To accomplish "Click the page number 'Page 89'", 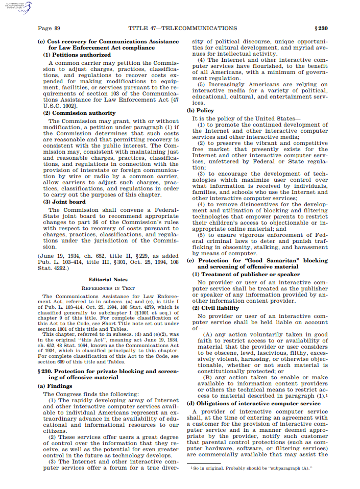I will (x=49, y=28).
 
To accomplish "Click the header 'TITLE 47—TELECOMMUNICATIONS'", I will (x=182, y=28).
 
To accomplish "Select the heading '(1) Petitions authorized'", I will (x=77, y=55).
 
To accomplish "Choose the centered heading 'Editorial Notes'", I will (x=108, y=280).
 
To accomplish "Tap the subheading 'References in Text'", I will (x=108, y=288).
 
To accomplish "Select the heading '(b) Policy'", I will (x=200, y=110).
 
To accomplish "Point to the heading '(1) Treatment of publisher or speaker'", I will (x=246, y=274).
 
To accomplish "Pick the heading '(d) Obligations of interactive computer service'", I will (x=253, y=404).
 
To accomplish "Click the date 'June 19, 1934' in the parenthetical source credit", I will (x=58, y=254).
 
